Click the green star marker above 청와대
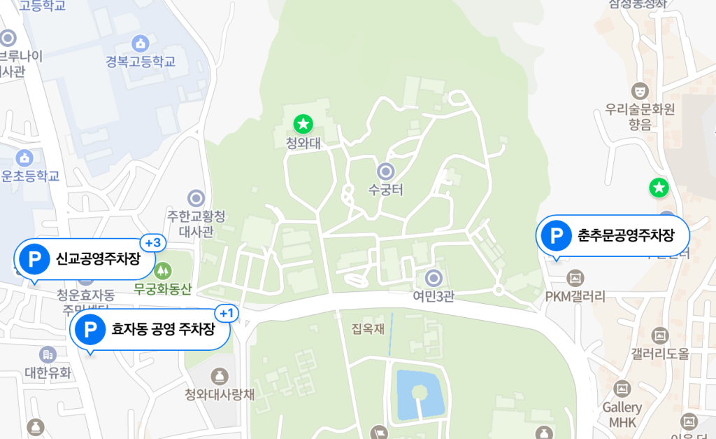click(x=303, y=125)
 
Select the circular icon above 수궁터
click(x=385, y=171)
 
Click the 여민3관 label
click(x=434, y=296)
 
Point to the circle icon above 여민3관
click(x=434, y=278)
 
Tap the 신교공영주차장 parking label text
click(x=98, y=259)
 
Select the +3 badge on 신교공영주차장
click(x=152, y=243)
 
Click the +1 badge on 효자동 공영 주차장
click(x=227, y=313)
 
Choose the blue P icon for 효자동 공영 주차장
click(x=89, y=328)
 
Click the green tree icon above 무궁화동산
click(x=163, y=270)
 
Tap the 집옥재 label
click(x=368, y=328)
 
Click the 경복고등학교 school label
click(x=141, y=62)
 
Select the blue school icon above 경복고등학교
click(x=140, y=43)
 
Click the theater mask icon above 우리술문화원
click(x=639, y=90)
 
